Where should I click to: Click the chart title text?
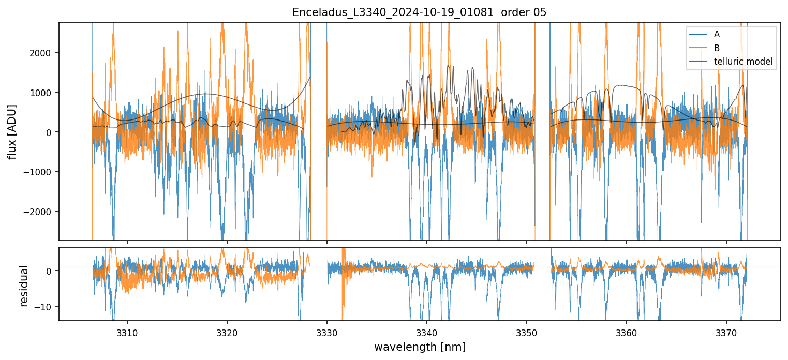coord(419,12)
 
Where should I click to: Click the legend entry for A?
coord(717,34)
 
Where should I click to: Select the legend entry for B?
coord(717,48)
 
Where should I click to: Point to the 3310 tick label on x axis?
coord(127,331)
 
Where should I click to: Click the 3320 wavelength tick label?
coord(227,331)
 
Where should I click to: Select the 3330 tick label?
coord(327,331)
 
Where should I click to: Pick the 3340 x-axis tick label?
coord(427,331)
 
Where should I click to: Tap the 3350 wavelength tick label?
coord(527,331)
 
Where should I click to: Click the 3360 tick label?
coord(627,331)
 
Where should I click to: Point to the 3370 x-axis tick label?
coord(726,331)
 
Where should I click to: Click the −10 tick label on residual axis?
coord(45,307)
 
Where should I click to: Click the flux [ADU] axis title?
coord(12,131)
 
